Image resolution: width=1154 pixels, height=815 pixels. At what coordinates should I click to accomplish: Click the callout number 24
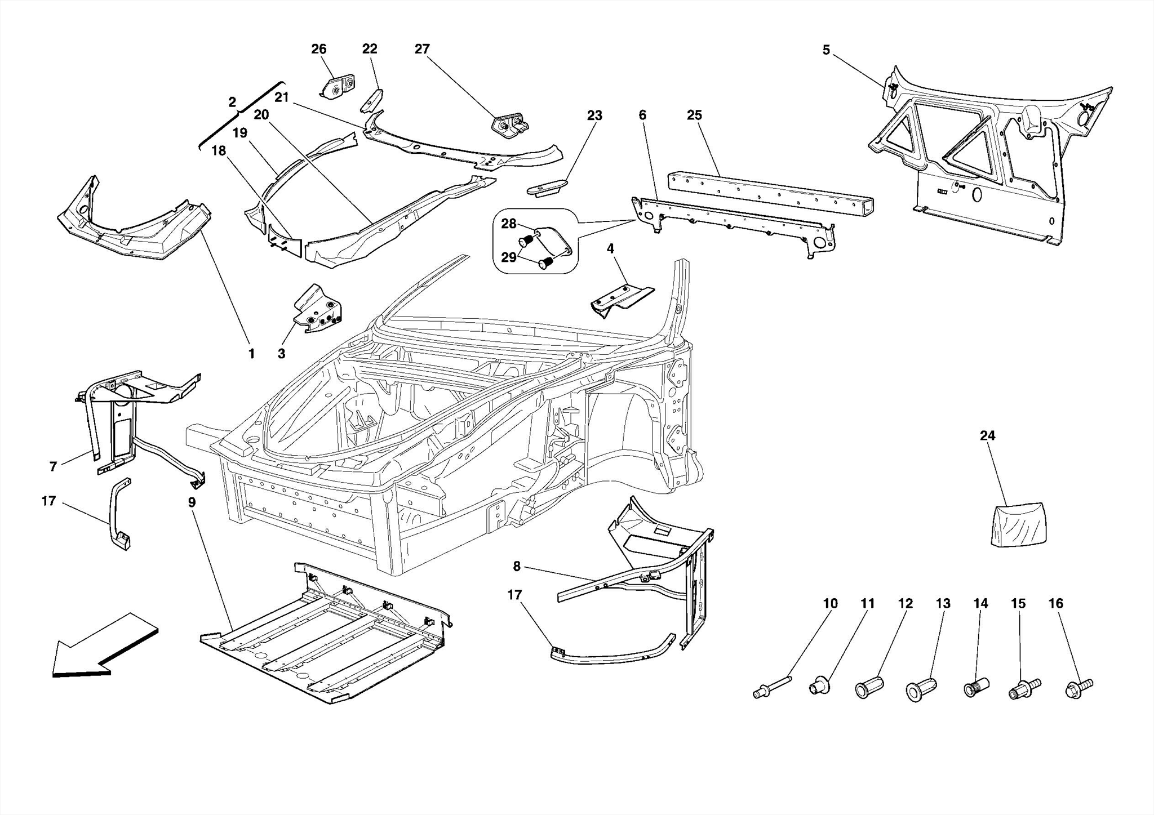tap(987, 435)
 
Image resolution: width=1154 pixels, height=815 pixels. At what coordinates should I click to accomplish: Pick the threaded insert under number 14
tap(978, 688)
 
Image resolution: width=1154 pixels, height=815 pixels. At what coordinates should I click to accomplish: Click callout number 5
tap(826, 50)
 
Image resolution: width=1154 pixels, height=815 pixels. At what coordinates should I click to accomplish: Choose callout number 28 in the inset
tap(508, 224)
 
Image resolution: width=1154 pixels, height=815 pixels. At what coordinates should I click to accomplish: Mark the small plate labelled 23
tap(547, 187)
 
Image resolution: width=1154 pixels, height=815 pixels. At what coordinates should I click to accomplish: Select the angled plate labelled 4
tap(620, 299)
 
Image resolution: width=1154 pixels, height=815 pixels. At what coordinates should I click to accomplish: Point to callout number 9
tap(192, 502)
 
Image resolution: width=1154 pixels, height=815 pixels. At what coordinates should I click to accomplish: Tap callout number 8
tap(517, 567)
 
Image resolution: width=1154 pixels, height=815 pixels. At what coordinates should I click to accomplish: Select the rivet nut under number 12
tap(868, 688)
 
